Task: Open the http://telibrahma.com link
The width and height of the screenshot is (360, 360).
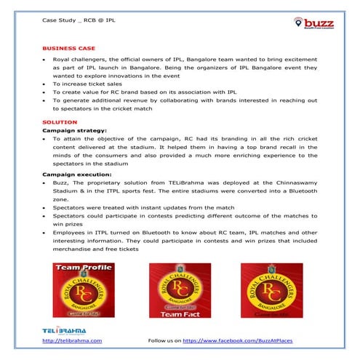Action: pyautogui.click(x=72, y=340)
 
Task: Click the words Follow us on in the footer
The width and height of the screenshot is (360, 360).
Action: pyautogui.click(x=164, y=340)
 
